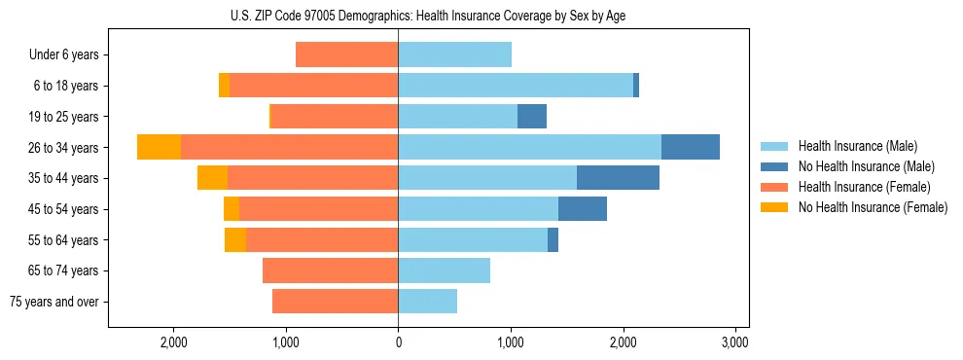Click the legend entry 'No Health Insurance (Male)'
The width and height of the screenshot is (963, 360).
coord(866,166)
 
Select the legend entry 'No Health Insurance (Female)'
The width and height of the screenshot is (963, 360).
coord(873,207)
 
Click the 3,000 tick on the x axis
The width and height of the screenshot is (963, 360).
coord(735,342)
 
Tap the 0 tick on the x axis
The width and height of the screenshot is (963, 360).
coord(398,342)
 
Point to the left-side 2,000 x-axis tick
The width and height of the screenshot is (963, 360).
coord(173,342)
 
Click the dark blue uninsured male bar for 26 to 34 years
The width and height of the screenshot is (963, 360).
coord(690,147)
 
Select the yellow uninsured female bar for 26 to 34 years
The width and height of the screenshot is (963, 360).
coord(159,147)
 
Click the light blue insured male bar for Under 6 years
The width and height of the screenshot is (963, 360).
coord(454,54)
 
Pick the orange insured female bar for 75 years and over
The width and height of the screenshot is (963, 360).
coord(335,302)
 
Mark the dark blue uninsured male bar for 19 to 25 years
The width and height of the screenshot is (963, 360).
coord(532,117)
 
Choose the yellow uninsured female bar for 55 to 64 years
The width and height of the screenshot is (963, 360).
coord(235,239)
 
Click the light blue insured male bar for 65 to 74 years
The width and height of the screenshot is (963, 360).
coord(444,270)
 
